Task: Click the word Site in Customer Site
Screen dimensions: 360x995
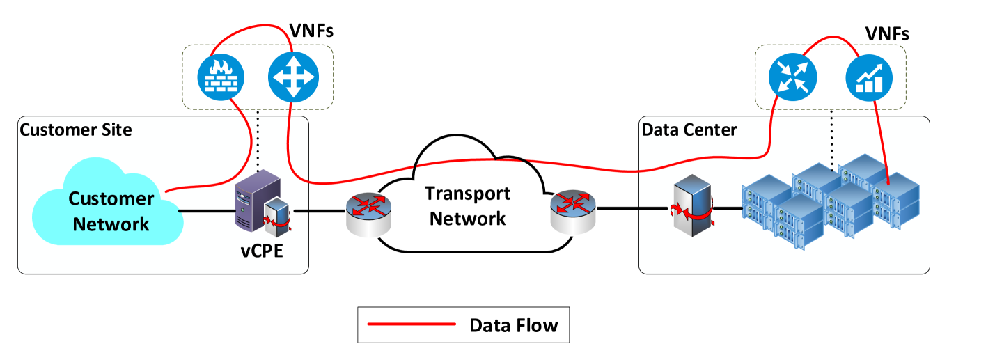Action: coord(112,130)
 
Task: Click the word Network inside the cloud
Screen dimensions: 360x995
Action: coord(111,224)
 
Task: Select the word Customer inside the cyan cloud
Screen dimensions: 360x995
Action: coord(111,199)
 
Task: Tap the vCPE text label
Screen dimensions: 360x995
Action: coord(262,251)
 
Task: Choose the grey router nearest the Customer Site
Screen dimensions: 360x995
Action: coord(369,212)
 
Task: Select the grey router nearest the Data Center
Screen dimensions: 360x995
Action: coord(572,212)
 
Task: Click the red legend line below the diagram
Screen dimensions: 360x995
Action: coord(412,324)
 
